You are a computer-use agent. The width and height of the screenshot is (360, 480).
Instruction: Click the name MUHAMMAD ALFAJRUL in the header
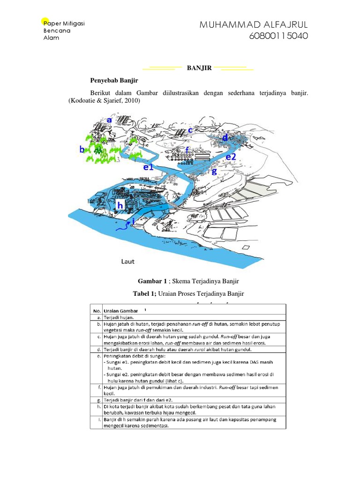(254, 25)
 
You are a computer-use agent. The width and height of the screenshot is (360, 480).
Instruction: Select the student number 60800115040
(280, 36)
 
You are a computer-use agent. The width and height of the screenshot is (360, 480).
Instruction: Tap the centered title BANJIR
(199, 68)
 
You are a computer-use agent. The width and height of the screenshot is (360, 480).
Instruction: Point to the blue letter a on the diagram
(109, 120)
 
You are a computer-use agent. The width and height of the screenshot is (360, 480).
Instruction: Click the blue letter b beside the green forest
(82, 150)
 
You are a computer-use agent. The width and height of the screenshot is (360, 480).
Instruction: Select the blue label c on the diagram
(190, 130)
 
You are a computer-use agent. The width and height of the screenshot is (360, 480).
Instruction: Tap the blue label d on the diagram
(225, 137)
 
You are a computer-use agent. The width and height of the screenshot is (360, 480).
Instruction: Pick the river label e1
(149, 167)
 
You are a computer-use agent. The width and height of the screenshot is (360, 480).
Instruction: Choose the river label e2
(231, 157)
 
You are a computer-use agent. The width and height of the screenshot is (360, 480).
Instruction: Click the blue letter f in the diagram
(187, 150)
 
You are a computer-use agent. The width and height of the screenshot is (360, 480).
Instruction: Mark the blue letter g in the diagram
(214, 171)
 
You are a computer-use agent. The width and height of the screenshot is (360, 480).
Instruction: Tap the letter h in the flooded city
(120, 205)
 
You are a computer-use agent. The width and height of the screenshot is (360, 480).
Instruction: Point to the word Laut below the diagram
(128, 261)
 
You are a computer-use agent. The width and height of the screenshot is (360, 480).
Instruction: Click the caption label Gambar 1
(152, 281)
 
